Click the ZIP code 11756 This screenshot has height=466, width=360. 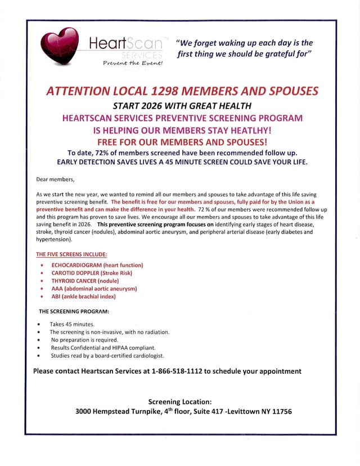280,411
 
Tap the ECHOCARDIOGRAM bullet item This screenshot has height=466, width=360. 97,265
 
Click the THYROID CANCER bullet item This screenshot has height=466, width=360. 85,280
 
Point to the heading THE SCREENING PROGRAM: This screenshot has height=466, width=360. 74,311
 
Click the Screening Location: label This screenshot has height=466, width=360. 180,401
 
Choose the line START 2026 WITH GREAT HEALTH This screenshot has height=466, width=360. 182,106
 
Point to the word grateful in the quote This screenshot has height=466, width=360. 265,55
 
